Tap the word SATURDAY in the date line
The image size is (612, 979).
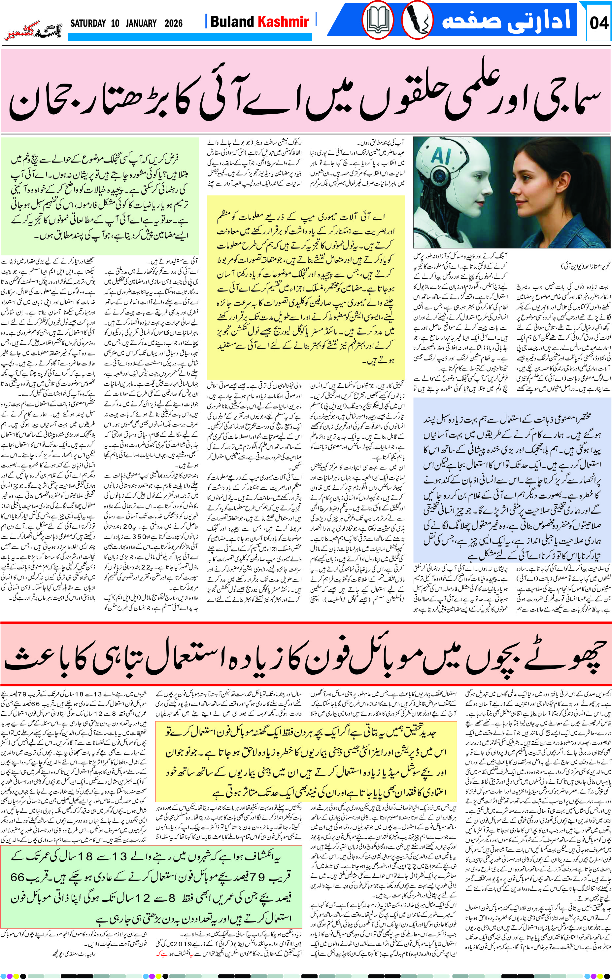[88, 23]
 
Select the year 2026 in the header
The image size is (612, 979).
[174, 23]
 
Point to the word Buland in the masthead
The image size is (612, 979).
[232, 22]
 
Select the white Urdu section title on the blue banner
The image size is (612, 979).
[506, 19]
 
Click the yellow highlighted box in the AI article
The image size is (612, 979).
[306, 287]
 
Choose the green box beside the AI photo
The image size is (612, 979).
[100, 196]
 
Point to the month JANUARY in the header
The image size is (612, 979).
[141, 23]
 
